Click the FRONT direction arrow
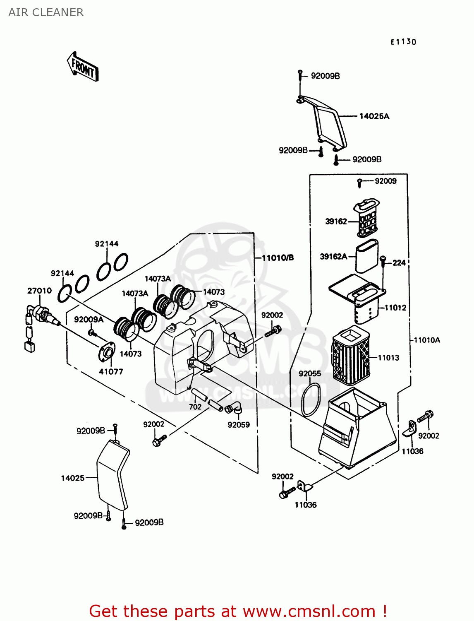point(83,67)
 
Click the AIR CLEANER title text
point(46,12)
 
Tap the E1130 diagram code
point(403,42)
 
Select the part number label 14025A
point(374,116)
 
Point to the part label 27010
point(39,291)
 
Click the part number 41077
point(111,372)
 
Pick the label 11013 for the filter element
point(388,358)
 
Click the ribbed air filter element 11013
point(350,355)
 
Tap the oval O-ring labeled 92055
point(310,400)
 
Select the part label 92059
point(238,425)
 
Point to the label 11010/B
point(278,258)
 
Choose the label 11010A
point(427,340)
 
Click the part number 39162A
point(333,257)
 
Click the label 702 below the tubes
point(195,407)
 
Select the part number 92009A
point(89,320)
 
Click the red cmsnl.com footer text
point(238,611)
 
